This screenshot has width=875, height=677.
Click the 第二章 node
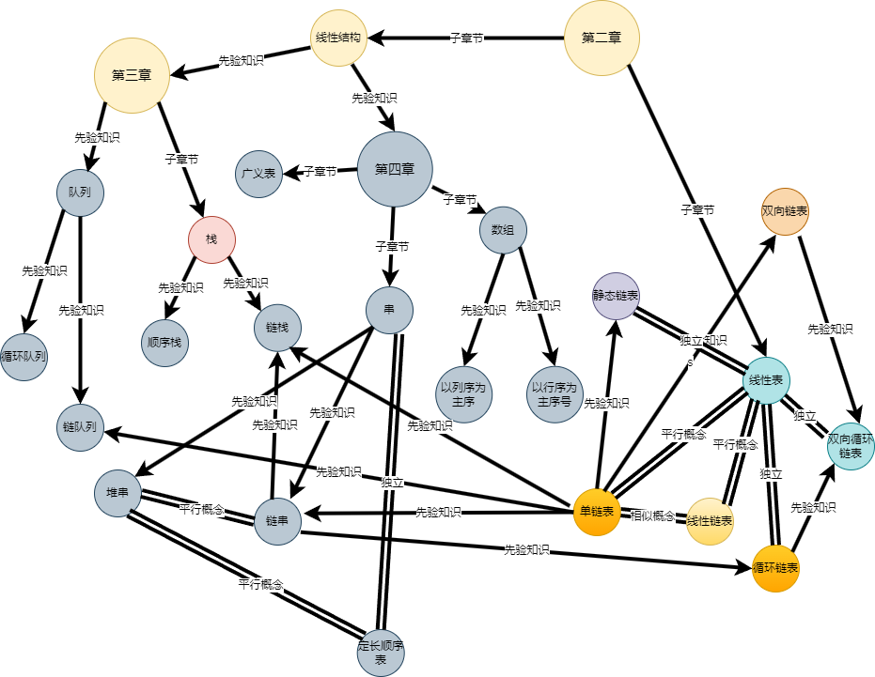[602, 38]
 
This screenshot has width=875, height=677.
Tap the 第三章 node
[132, 75]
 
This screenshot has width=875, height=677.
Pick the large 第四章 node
[395, 169]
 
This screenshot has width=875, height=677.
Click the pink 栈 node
[211, 239]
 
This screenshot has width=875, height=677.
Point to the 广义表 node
[258, 174]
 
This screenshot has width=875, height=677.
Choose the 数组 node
[503, 230]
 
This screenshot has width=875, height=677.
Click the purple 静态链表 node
[616, 295]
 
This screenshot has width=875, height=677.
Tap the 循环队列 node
[23, 357]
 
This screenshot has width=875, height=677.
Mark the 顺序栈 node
[165, 343]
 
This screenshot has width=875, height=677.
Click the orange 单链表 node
[597, 512]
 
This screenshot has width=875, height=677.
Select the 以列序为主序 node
[461, 394]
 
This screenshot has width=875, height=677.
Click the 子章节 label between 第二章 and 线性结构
[467, 38]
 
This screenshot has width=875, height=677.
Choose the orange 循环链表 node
[775, 568]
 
